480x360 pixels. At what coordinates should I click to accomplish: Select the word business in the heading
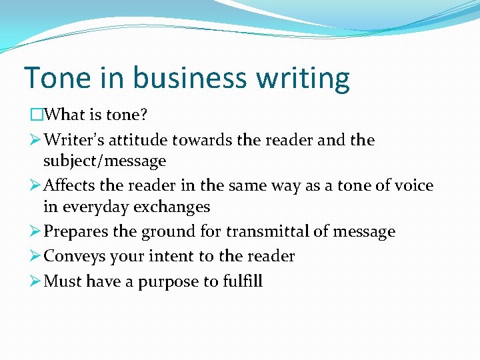point(177,78)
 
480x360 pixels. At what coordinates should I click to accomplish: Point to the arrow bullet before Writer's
point(36,140)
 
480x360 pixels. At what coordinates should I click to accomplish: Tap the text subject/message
point(105,161)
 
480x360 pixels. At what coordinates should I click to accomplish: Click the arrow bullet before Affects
point(36,186)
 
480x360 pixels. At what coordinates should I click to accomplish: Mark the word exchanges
point(172,207)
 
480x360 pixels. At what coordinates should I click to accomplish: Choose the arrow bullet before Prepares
point(36,232)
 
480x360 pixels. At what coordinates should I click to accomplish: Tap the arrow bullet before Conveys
point(36,257)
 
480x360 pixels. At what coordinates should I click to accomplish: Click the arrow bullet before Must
point(36,281)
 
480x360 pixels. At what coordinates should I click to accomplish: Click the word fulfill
point(242,281)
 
